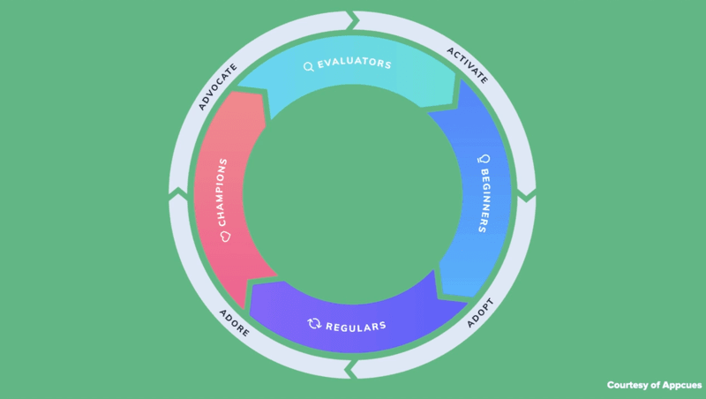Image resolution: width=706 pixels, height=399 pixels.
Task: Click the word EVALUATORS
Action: (354, 64)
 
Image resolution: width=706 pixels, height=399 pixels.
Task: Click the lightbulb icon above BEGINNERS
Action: (483, 159)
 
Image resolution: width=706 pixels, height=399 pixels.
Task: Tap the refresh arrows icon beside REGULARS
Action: (313, 324)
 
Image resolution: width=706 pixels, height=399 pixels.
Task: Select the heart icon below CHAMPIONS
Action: (224, 237)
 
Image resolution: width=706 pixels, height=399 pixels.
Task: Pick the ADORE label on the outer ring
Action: (234, 322)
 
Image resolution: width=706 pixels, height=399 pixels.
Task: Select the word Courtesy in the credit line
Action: (630, 385)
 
